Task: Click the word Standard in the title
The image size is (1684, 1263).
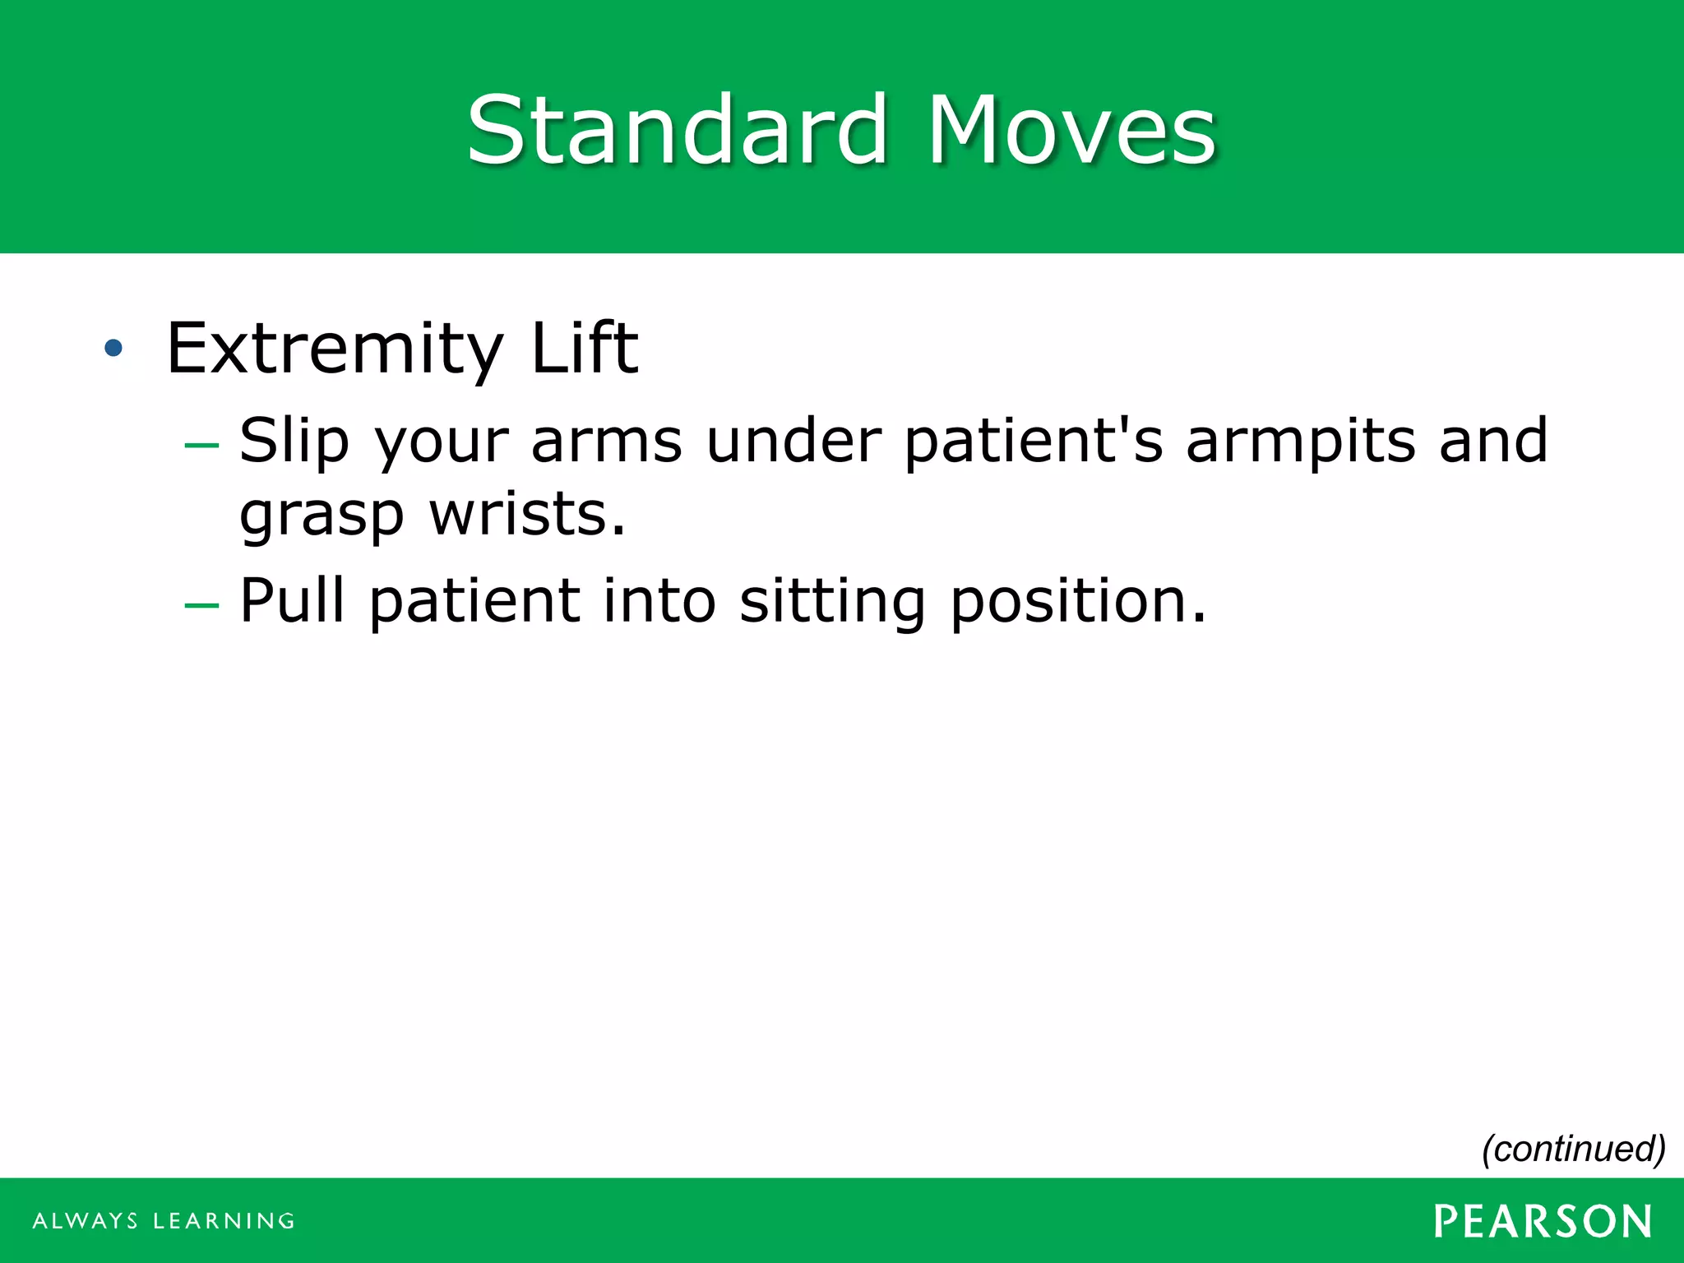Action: (x=677, y=130)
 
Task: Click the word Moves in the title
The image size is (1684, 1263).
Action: (x=1071, y=130)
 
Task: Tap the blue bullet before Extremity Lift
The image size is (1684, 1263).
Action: (x=113, y=348)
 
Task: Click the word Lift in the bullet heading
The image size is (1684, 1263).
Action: (x=585, y=348)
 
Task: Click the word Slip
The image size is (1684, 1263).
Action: (x=294, y=442)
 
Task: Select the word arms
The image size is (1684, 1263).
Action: (x=606, y=442)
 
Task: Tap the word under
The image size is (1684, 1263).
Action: (x=793, y=441)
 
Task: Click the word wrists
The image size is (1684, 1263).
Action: (x=527, y=515)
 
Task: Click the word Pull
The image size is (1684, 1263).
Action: (x=292, y=600)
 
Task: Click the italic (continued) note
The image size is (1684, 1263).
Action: (x=1573, y=1149)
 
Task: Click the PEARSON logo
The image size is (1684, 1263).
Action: (x=1543, y=1221)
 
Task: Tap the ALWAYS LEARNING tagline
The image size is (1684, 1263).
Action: (x=164, y=1221)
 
